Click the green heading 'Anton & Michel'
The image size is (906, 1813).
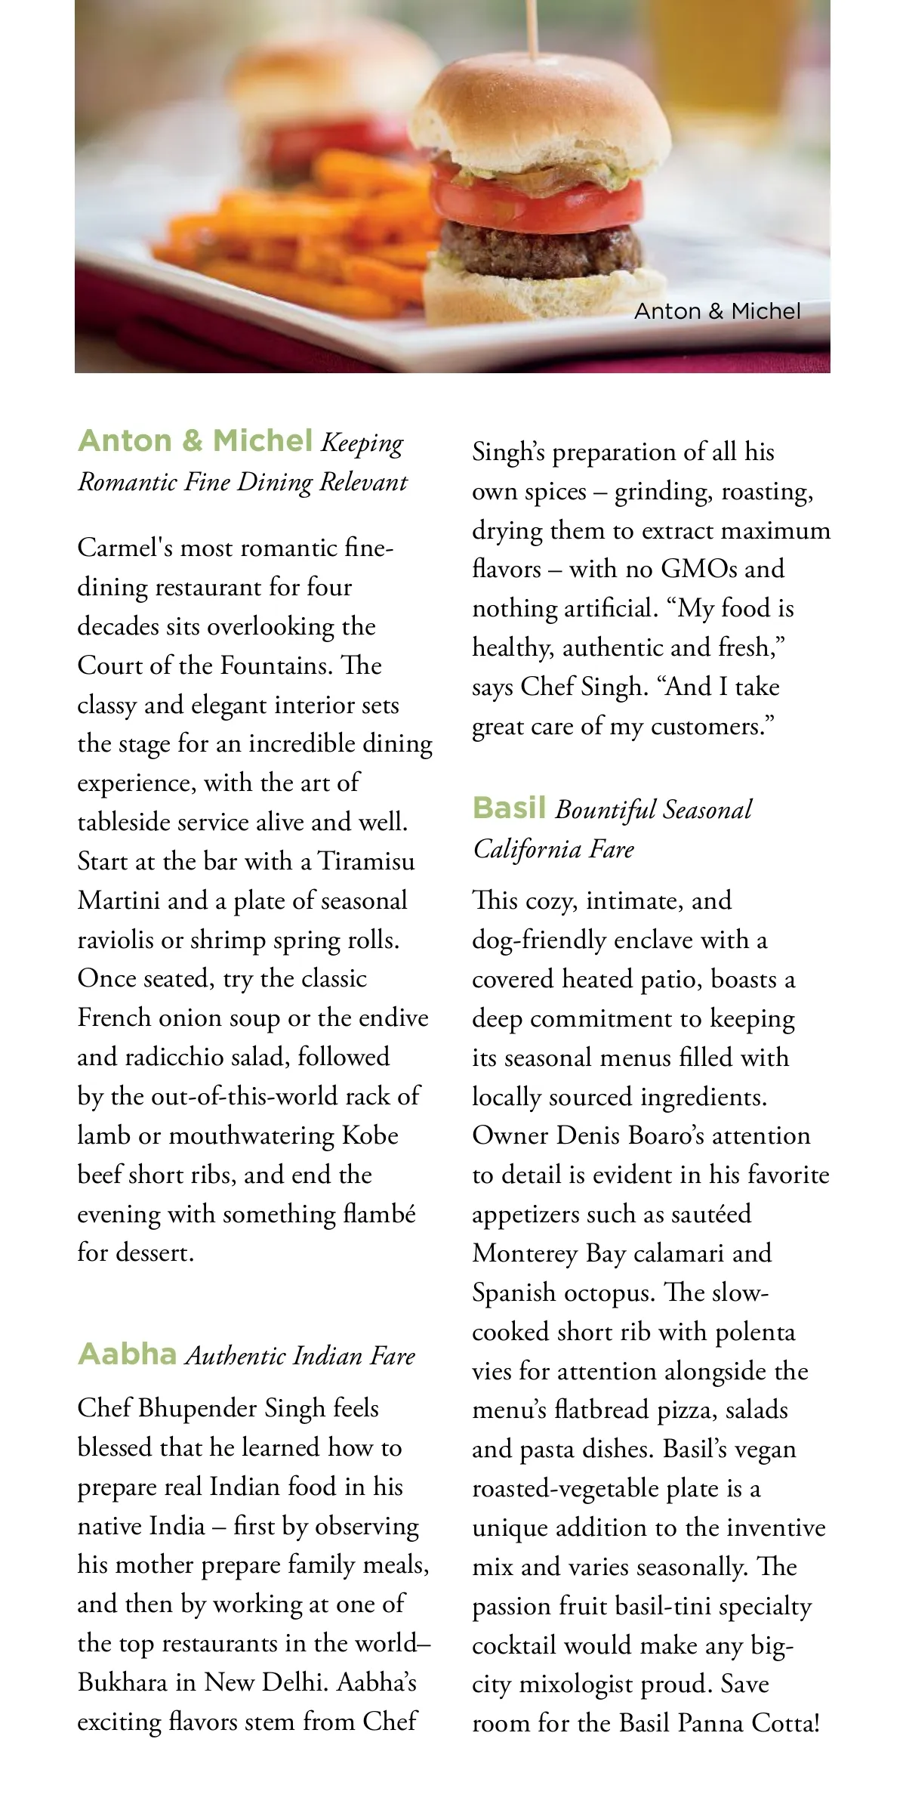coord(195,440)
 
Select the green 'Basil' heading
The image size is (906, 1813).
coord(509,808)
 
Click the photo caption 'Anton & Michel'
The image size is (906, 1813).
coord(716,311)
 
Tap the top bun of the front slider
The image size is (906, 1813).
coord(541,113)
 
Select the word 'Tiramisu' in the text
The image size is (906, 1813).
coord(366,861)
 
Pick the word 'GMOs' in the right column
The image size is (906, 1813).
coord(699,568)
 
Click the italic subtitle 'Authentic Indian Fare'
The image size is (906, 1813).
coord(300,1356)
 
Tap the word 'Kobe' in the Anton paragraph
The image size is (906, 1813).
coord(370,1135)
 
